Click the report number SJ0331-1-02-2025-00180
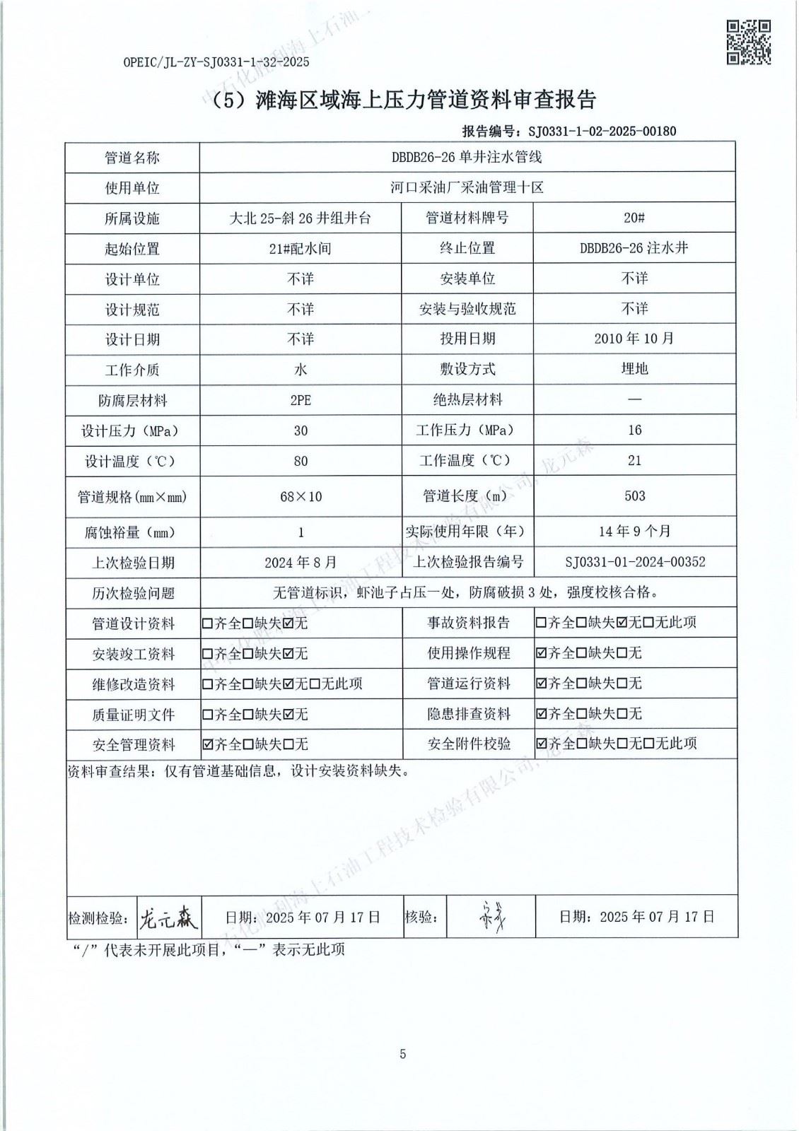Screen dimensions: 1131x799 pos(597,131)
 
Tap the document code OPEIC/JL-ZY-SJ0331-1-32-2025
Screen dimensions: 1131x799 pos(216,62)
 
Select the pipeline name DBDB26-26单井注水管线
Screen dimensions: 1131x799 pos(467,157)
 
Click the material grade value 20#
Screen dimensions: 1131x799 pos(634,218)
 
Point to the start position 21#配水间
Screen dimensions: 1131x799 pos(301,248)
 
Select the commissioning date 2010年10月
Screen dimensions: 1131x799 pos(634,339)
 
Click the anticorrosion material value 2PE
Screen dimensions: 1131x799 pos(301,400)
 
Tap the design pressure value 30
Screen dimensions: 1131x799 pos(301,430)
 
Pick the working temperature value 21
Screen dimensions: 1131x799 pos(634,460)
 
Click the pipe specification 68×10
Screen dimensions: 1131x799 pos(301,496)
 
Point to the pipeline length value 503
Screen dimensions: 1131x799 pos(634,496)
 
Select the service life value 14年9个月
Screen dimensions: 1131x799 pos(634,531)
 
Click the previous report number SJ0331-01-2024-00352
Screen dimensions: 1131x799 pos(634,562)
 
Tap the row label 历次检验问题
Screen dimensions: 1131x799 pos(132,593)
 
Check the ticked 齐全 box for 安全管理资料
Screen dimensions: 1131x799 pos(207,744)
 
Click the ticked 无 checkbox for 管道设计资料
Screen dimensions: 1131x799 pos(288,624)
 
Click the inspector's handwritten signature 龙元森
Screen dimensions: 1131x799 pos(168,918)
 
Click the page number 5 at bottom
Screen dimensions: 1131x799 pos(403,1054)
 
